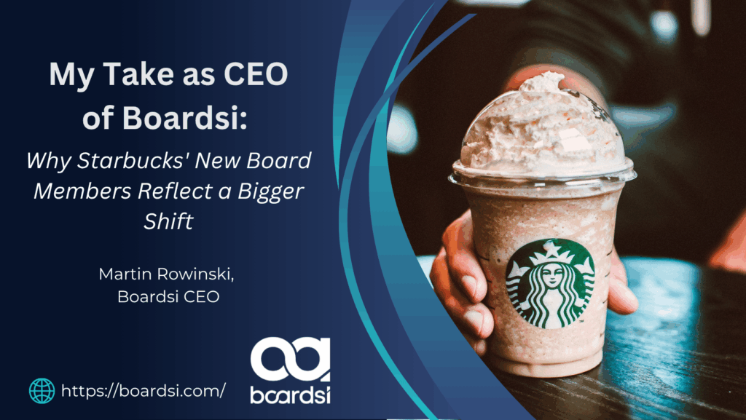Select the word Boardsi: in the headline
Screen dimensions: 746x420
click(x=185, y=119)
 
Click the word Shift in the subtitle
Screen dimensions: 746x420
click(x=169, y=221)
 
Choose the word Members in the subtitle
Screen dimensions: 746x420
click(x=82, y=191)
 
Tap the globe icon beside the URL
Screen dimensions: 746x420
click(x=42, y=391)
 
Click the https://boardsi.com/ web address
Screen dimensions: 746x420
click(x=144, y=391)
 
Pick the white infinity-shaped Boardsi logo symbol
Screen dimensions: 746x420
click(x=290, y=359)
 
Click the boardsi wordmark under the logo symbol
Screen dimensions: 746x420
click(x=290, y=395)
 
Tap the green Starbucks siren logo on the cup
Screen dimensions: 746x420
click(x=549, y=283)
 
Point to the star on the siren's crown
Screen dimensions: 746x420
click(x=552, y=248)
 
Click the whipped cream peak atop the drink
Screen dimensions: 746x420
click(x=542, y=82)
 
